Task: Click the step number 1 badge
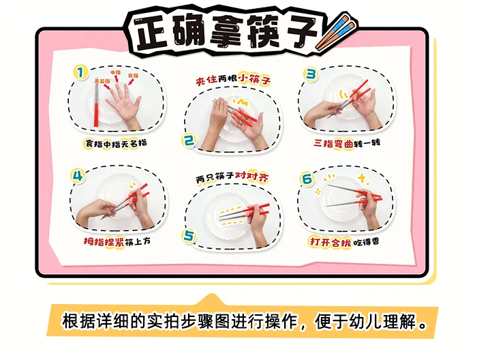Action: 80,73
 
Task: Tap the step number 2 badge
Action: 189,140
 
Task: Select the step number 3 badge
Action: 311,74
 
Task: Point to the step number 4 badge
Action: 78,175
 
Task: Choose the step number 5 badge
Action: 189,236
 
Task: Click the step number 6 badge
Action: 307,179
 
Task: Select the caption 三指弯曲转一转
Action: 347,142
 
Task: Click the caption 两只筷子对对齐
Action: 232,177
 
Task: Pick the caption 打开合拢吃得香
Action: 344,242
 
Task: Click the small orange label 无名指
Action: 102,81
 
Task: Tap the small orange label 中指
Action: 115,72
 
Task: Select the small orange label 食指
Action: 133,76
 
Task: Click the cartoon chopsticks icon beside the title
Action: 335,33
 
